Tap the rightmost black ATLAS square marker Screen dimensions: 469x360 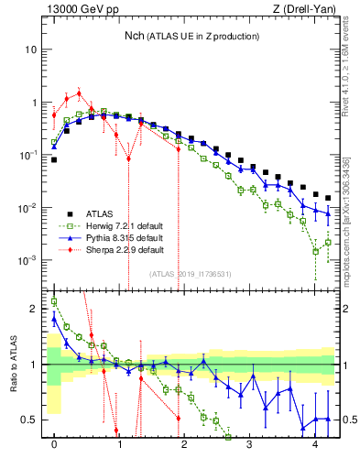click(x=327, y=198)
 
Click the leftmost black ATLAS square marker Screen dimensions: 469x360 click(x=54, y=159)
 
